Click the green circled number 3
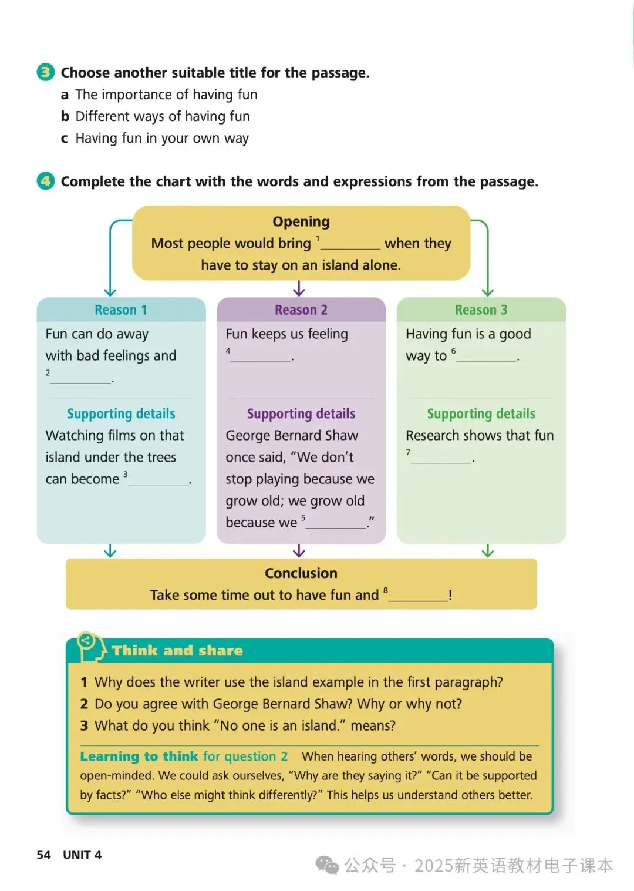point(45,72)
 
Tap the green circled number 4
point(45,181)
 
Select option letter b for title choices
point(65,116)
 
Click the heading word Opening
point(301,221)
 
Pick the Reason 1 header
point(121,310)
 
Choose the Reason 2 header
point(301,310)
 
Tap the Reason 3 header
point(481,310)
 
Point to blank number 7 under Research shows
point(441,459)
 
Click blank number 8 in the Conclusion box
point(418,596)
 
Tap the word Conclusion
point(301,573)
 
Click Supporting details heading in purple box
point(301,413)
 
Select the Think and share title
point(177,651)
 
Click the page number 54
point(43,855)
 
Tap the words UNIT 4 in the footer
point(82,855)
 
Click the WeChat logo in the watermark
point(327,865)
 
